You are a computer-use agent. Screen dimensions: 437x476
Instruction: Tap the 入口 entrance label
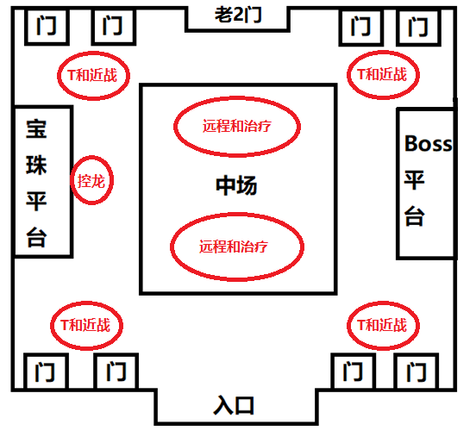(235, 404)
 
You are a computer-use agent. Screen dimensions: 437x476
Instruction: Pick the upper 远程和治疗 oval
(237, 127)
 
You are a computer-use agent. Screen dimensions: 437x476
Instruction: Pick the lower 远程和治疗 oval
(238, 246)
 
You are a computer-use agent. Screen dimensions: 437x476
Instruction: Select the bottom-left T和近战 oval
(86, 325)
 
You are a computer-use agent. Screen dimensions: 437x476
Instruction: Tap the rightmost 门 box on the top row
(419, 28)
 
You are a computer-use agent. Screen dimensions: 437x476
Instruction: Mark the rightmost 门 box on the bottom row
(418, 372)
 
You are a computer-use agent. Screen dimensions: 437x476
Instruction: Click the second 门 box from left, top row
(111, 28)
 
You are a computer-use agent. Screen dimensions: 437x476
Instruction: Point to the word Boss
(428, 144)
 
